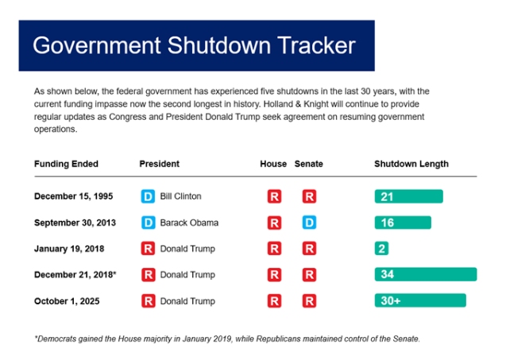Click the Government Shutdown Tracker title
click(194, 45)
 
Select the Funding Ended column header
click(66, 164)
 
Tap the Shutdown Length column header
click(411, 164)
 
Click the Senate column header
click(309, 164)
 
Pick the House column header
click(273, 164)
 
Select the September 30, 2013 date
click(75, 223)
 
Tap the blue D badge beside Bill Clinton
click(147, 196)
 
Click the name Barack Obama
click(189, 223)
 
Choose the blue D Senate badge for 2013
click(310, 223)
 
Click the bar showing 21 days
click(408, 196)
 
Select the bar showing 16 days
click(403, 223)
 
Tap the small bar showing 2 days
click(381, 249)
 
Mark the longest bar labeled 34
click(426, 275)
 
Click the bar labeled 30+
click(419, 301)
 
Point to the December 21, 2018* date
click(73, 275)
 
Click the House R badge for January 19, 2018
click(274, 249)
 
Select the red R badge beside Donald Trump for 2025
click(147, 301)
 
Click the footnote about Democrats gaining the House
click(226, 339)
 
